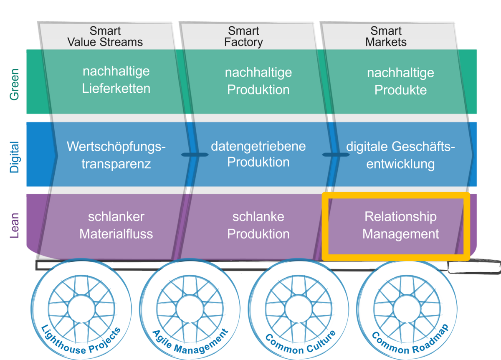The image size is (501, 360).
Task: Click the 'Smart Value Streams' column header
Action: coord(105,37)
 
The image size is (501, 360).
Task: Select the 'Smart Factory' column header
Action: coord(243,37)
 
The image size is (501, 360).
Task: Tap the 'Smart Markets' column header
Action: coord(386,37)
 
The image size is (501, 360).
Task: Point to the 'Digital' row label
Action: coord(15,157)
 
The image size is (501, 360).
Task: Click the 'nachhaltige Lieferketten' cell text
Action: coord(116,80)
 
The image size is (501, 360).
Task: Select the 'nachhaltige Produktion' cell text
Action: coord(258,81)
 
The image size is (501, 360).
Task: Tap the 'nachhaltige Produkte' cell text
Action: coord(400,81)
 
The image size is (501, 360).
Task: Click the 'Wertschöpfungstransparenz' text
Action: coord(116,155)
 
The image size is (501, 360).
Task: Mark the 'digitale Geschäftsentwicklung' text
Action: coord(400,155)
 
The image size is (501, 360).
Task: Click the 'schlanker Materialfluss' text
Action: coord(116,225)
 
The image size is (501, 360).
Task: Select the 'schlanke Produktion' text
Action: coord(258,225)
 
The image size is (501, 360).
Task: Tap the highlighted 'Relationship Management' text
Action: coord(400,225)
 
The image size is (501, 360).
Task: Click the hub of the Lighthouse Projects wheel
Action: coord(81,309)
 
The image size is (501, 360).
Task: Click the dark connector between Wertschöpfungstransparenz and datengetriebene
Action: coord(194,155)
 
